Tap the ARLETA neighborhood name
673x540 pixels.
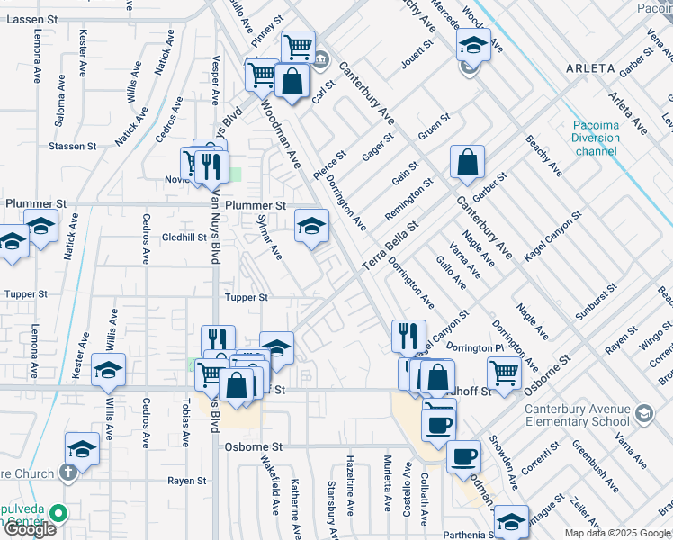589,68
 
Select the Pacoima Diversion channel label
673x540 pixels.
595,138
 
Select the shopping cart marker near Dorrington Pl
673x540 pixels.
504,370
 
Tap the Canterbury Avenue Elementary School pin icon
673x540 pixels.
643,413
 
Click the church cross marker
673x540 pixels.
67,472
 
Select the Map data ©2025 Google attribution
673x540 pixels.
617,533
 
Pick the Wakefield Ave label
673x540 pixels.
268,482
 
